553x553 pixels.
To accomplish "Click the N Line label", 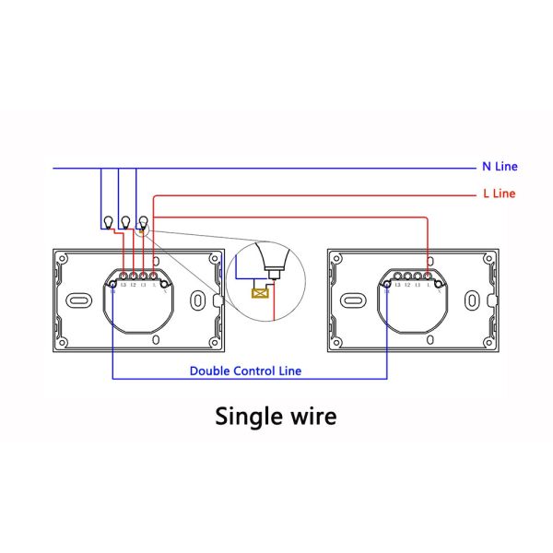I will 500,167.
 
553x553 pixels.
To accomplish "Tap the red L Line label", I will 499,194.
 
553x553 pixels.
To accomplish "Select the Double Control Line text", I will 245,371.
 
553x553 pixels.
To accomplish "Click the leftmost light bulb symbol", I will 106,221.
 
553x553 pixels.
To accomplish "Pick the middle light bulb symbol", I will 124,221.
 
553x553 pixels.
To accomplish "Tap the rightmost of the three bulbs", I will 143,221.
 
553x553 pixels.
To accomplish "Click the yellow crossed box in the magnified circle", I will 261,294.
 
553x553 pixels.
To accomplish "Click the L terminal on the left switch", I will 153,276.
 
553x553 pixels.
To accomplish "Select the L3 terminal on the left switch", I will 123,276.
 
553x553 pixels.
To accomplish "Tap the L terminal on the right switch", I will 429,276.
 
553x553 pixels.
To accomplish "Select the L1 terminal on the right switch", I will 419,276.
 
